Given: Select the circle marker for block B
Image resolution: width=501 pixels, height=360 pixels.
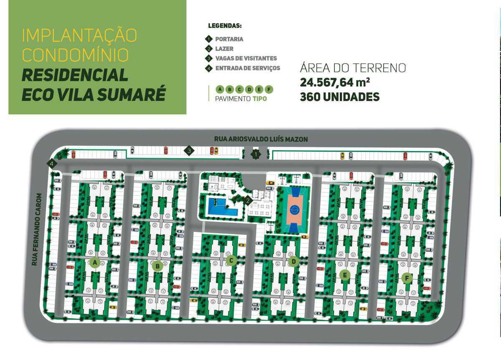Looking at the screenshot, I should pyautogui.click(x=157, y=266).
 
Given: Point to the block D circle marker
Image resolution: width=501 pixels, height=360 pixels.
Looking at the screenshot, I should pyautogui.click(x=294, y=262).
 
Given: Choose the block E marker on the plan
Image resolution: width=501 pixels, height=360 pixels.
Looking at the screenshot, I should pyautogui.click(x=345, y=275).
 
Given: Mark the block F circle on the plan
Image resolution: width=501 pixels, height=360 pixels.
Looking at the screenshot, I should pyautogui.click(x=406, y=277).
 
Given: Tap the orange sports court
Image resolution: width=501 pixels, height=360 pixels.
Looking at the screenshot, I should pyautogui.click(x=295, y=209).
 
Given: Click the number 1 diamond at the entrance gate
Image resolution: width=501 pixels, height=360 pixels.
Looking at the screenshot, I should pyautogui.click(x=256, y=155).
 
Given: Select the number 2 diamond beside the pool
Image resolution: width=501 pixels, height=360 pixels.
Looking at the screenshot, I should pyautogui.click(x=248, y=200).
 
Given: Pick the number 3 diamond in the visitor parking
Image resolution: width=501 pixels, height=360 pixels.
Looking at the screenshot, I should pyautogui.click(x=189, y=151).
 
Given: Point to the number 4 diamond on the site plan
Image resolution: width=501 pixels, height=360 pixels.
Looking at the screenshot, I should pyautogui.click(x=52, y=164).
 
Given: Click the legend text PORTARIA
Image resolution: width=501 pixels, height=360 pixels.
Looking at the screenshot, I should pyautogui.click(x=229, y=39).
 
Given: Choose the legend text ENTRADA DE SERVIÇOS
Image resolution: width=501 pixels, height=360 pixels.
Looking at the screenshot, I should pyautogui.click(x=248, y=68).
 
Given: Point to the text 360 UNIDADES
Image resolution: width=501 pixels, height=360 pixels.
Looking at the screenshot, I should pyautogui.click(x=339, y=97).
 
